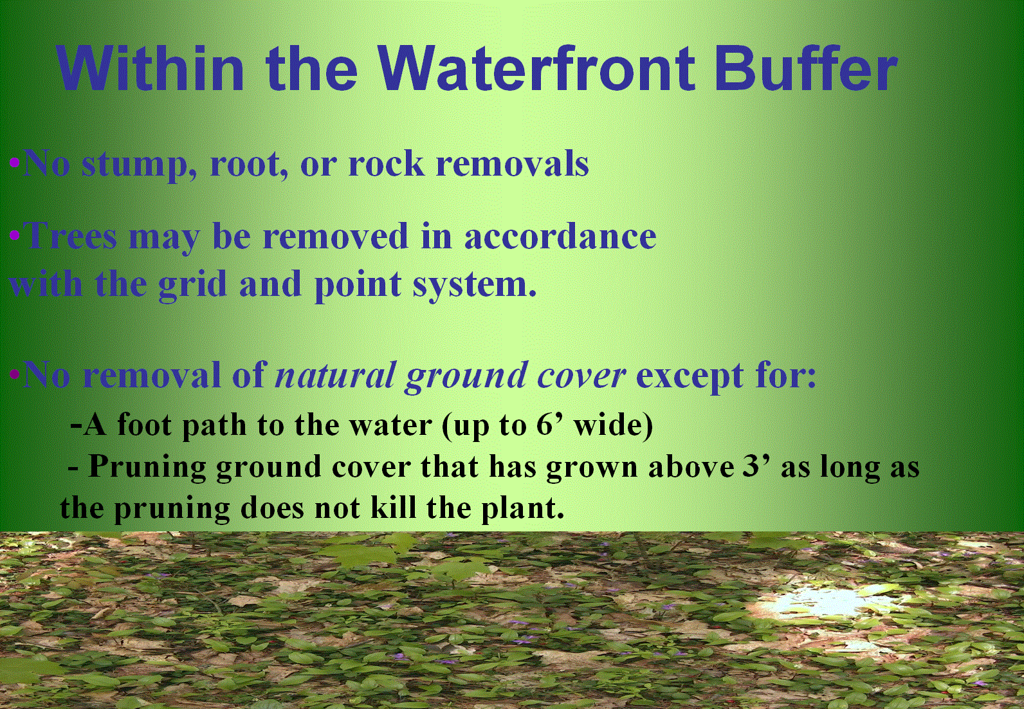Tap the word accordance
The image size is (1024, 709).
point(560,235)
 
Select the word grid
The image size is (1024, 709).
point(192,285)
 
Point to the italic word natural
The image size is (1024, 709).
point(334,375)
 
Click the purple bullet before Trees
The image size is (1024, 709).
point(14,235)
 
